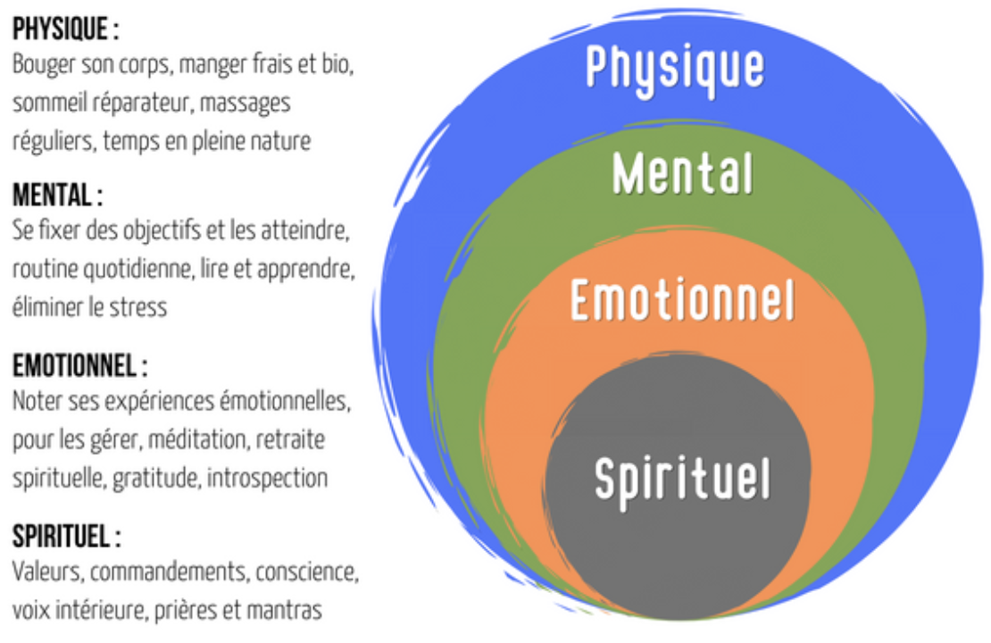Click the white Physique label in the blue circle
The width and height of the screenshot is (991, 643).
pos(675,66)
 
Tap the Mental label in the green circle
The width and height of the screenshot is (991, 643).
pos(683,172)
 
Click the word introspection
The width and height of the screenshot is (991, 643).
pos(268,479)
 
